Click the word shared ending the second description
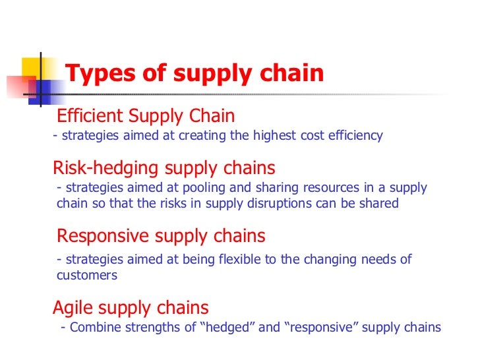click(378, 204)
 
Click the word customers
click(87, 276)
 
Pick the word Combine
click(92, 328)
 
